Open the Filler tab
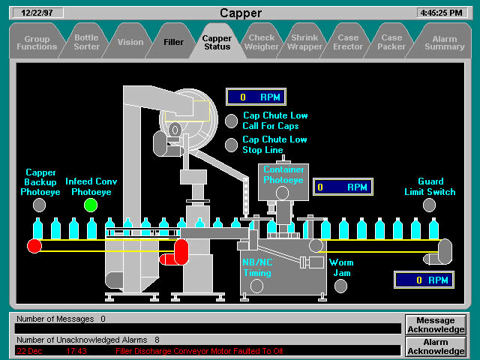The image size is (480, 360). (173, 42)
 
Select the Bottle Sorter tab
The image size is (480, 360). (86, 42)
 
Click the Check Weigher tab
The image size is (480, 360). (262, 42)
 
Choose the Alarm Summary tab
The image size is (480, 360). (445, 42)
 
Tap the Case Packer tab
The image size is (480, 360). (391, 42)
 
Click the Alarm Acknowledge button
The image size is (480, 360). (436, 346)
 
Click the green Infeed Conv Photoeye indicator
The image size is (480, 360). (91, 205)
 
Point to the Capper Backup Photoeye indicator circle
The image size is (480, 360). (39, 205)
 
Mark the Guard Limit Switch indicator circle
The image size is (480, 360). (429, 205)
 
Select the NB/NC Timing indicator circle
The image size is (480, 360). (257, 285)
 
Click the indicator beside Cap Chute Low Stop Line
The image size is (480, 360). (231, 144)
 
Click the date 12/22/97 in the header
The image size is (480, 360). (43, 13)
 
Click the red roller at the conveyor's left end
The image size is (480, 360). (34, 246)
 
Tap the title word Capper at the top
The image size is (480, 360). (241, 13)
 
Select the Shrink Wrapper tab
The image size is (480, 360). (304, 42)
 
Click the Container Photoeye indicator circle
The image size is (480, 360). (282, 193)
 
